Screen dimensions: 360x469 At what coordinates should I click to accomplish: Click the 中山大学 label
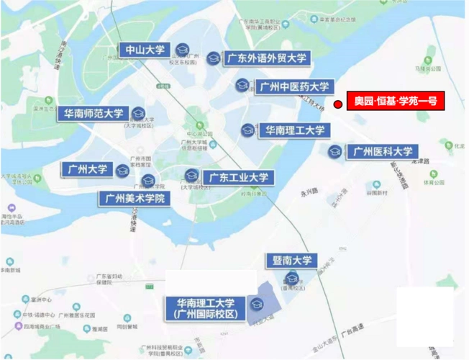tap(145, 50)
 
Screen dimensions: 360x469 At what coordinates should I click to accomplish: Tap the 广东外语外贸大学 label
tap(267, 58)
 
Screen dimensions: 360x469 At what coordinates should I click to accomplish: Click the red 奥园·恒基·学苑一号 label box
tap(396, 102)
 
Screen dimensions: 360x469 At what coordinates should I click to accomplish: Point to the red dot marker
tap(338, 104)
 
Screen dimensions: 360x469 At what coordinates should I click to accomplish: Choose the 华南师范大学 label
tap(94, 114)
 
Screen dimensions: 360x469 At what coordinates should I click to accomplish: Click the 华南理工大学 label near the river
tap(295, 130)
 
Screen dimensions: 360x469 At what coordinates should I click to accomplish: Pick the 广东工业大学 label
tap(238, 176)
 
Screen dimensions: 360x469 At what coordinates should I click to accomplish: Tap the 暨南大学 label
tap(291, 260)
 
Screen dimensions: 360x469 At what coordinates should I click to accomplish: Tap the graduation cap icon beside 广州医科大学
tap(334, 152)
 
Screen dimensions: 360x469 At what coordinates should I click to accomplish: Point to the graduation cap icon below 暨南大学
tap(291, 279)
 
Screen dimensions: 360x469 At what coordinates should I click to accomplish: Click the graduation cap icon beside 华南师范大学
tap(138, 113)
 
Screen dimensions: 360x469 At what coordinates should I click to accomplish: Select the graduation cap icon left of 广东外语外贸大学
tap(213, 58)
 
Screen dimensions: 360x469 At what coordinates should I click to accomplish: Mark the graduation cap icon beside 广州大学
tap(123, 170)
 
